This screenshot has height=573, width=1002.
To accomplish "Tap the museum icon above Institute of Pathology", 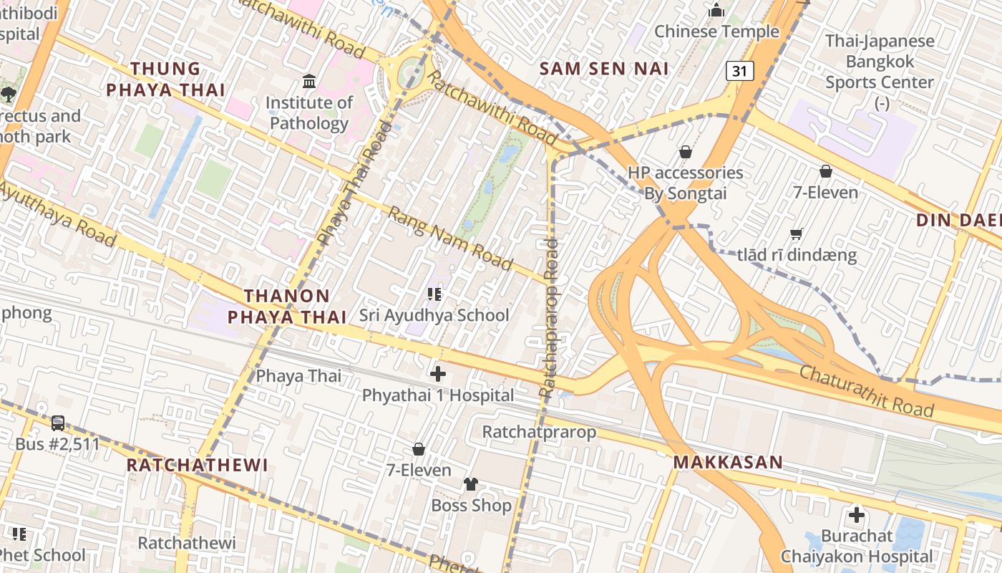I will coord(309,81).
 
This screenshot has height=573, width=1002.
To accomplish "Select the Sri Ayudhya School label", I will coord(434,315).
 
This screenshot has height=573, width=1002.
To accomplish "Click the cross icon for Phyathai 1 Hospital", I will coord(437,374).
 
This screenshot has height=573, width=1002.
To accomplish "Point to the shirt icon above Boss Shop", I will coord(470,484).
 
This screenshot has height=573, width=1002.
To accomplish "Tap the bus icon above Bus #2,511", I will coord(58,423).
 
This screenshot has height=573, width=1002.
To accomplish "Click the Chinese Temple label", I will coord(716,32).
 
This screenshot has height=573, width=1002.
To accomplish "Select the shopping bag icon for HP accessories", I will coord(685,152).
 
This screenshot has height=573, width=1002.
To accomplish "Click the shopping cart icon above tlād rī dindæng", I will coord(796,234).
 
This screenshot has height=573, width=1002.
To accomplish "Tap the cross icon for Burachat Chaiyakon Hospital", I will coord(856,515).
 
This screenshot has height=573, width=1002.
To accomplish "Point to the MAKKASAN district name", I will coord(727,463).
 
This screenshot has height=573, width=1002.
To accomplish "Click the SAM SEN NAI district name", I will coord(604,69).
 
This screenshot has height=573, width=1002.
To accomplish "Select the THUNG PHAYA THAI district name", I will coord(165,80).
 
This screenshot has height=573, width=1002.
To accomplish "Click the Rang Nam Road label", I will coord(450,239).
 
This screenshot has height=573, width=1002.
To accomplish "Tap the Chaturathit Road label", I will coord(866,391).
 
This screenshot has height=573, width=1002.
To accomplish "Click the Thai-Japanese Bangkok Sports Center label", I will coord(880,62).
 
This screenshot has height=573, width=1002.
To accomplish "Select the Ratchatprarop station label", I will coord(539,432).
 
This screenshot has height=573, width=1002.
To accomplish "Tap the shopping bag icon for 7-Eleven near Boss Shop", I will coord(419,449).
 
